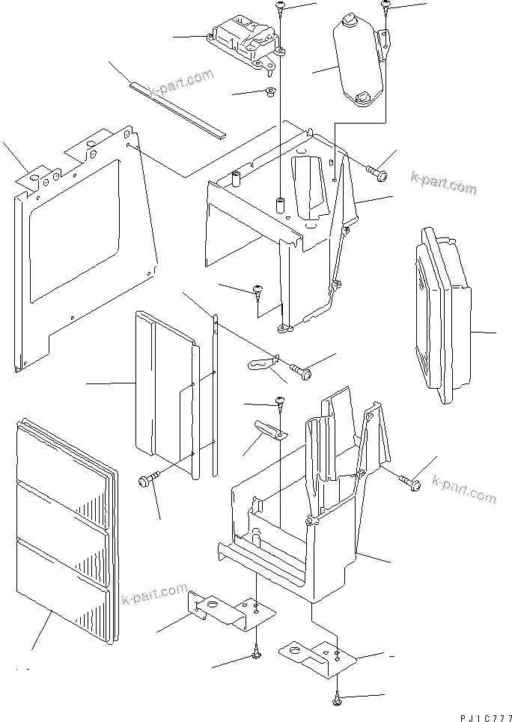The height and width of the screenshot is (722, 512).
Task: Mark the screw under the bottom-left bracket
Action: coord(257,654)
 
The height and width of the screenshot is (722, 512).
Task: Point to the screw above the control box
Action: coord(281,7)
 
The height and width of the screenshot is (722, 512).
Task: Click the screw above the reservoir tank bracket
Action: coord(385,6)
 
